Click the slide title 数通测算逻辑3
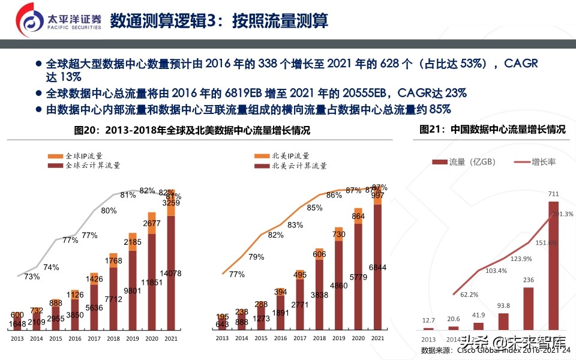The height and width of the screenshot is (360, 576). tap(218, 21)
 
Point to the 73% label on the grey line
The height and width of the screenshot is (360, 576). tap(32, 277)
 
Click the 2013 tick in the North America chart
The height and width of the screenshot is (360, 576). tap(223, 338)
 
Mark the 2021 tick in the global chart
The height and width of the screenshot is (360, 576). tap(171, 338)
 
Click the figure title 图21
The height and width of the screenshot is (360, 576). tap(492, 129)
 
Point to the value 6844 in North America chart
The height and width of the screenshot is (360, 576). tap(377, 267)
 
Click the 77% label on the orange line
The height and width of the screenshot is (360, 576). tap(237, 274)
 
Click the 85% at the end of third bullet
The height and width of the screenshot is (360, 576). tap(440, 109)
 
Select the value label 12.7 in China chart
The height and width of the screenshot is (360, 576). tap(428, 320)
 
